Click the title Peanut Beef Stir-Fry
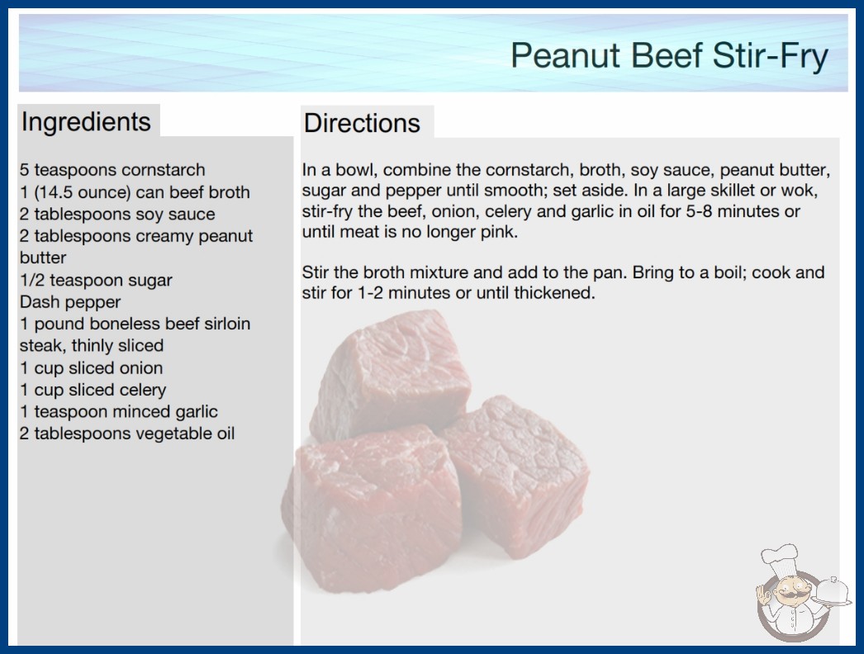669,56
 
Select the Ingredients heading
86,122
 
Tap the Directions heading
362,123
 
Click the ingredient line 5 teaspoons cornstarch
112,170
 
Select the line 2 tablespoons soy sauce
117,214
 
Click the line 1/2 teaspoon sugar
96,280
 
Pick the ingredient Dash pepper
70,302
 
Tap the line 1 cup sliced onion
92,367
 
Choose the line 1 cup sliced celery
93,390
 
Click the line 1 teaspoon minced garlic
119,411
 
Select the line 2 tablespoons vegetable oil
127,434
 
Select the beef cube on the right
516,475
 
